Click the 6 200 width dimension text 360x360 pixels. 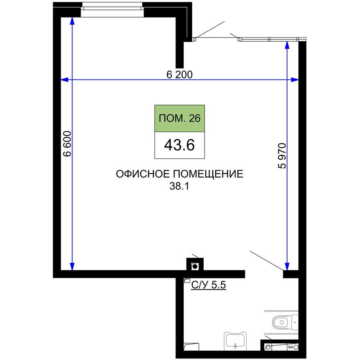pyautogui.click(x=179, y=74)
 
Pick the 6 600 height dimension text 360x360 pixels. pyautogui.click(x=67, y=144)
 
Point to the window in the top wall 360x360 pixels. pyautogui.click(x=112, y=10)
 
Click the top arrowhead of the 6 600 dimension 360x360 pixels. pyautogui.click(x=72, y=21)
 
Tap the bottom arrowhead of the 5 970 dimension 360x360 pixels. pyautogui.click(x=287, y=266)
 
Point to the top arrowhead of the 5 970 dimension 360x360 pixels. pyautogui.click(x=287, y=46)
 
